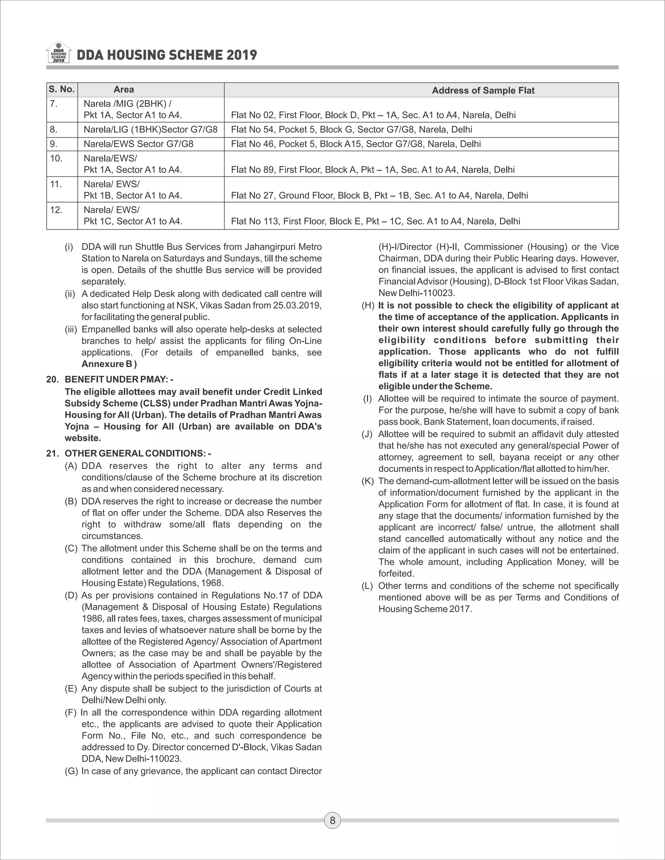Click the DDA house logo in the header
tap(58, 52)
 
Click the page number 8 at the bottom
tap(332, 820)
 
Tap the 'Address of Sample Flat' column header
tap(483, 91)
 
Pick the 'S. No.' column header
tap(62, 89)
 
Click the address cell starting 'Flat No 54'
tap(351, 129)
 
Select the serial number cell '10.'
tap(56, 158)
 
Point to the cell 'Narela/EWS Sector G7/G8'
tap(138, 144)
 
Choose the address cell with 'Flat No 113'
tap(375, 221)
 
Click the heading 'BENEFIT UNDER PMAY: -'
tap(119, 379)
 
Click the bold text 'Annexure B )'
tap(109, 364)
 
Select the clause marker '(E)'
tap(71, 689)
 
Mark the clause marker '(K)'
tap(368, 481)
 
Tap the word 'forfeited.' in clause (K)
tap(396, 573)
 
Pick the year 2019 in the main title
tap(242, 55)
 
